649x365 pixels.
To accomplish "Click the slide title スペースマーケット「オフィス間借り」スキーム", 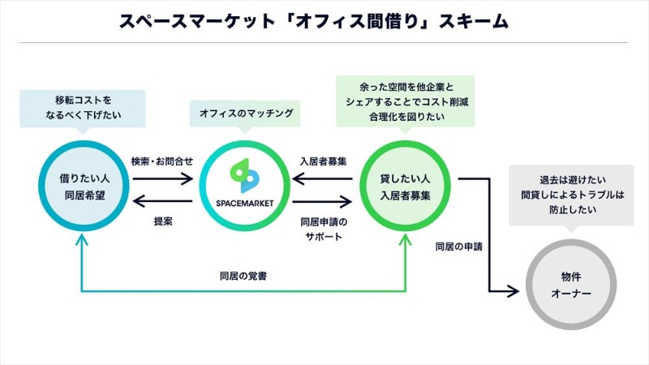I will [x=314, y=22].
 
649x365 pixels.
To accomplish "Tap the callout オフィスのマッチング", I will [x=243, y=113].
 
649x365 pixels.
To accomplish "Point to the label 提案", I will [x=163, y=221].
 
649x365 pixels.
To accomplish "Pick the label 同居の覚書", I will [x=244, y=276].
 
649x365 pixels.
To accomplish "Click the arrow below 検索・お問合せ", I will [x=162, y=178].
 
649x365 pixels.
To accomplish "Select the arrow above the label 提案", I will [x=162, y=203].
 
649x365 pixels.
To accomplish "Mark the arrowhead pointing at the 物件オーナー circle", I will [x=514, y=290].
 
